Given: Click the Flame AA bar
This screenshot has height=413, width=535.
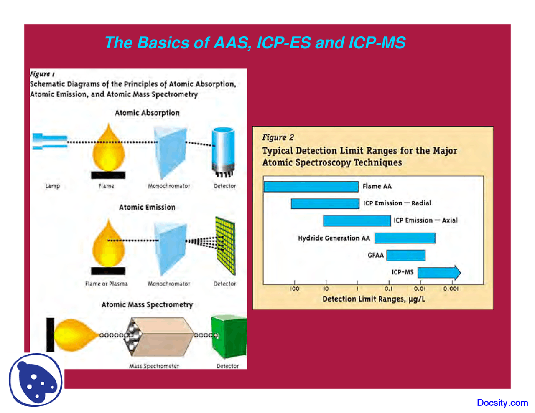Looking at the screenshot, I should click(x=311, y=186).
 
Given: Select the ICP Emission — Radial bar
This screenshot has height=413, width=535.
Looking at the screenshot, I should click(x=325, y=203).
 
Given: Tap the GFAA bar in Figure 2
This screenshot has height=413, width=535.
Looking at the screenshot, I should click(x=405, y=255).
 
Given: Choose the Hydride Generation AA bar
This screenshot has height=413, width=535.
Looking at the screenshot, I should click(x=405, y=238).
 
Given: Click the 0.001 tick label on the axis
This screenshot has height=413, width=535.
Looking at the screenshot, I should click(x=451, y=289).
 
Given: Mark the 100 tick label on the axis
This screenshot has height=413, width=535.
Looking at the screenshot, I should click(x=295, y=289).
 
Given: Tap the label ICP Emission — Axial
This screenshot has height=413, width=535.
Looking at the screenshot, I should click(x=425, y=220).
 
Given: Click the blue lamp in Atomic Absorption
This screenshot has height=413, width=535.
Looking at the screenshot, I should click(x=50, y=141).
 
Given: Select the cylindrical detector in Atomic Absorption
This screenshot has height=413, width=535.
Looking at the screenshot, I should click(x=223, y=150).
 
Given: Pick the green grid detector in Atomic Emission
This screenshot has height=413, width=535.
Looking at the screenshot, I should click(x=225, y=246).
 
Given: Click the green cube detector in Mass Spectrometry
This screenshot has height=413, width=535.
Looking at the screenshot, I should click(x=229, y=337).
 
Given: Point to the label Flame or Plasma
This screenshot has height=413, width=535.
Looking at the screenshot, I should click(x=106, y=284).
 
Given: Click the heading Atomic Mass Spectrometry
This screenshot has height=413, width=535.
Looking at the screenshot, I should click(x=147, y=304).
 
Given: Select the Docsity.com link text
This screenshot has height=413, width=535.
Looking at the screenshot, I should click(x=502, y=403).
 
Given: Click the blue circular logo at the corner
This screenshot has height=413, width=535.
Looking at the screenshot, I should click(x=36, y=380).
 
